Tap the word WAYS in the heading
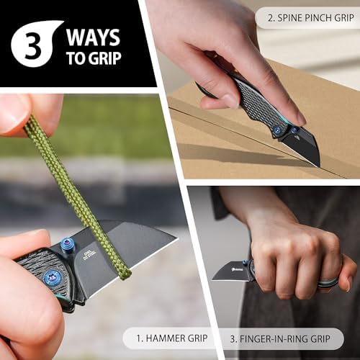93,37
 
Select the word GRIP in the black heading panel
104,58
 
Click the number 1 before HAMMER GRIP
139,338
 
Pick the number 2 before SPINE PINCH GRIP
271,18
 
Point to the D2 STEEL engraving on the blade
89,256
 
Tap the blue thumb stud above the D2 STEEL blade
68,246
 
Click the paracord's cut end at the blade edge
125,274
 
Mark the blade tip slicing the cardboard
318,166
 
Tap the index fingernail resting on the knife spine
301,118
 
